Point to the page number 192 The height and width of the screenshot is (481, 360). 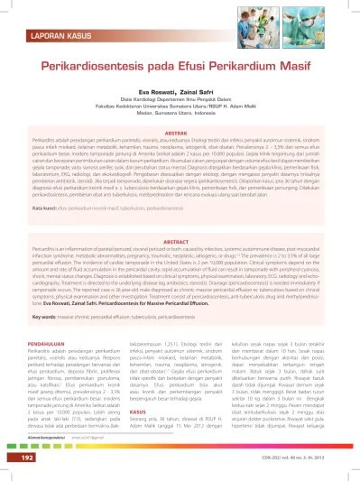[32, 457]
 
